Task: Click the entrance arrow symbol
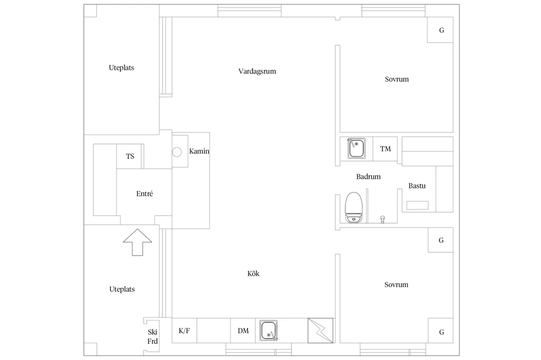click(x=137, y=242)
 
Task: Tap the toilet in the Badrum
click(x=353, y=207)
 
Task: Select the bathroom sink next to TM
click(x=357, y=148)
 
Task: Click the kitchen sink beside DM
click(x=268, y=330)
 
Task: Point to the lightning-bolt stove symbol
click(x=321, y=330)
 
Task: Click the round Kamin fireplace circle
click(x=177, y=151)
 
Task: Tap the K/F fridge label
click(x=184, y=330)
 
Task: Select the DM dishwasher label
click(x=243, y=330)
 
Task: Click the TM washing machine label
click(x=385, y=149)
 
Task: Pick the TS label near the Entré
click(x=130, y=156)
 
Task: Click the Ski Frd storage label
click(x=153, y=337)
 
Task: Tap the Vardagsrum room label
click(x=257, y=71)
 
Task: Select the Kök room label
click(x=253, y=273)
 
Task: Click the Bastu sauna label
click(x=417, y=186)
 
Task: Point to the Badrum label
click(x=368, y=176)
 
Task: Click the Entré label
click(x=145, y=193)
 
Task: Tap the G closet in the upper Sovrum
click(x=440, y=30)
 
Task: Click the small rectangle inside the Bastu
click(x=417, y=205)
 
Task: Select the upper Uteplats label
click(x=122, y=68)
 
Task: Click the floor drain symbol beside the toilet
click(x=383, y=219)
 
